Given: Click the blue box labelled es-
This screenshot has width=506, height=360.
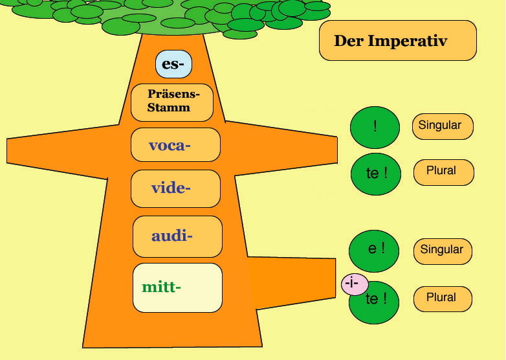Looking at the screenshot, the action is (173, 64).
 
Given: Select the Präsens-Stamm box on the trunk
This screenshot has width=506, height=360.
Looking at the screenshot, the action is (172, 102).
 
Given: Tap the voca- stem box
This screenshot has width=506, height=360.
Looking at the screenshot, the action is (175, 144).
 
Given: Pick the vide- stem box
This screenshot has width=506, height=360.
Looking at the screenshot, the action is (175, 188).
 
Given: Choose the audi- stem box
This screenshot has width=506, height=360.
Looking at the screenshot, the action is (177, 236).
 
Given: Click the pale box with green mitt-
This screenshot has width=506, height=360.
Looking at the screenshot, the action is (177, 287).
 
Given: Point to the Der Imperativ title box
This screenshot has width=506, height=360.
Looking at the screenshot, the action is (398, 40).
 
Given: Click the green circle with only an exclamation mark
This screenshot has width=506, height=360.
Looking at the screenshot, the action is (375, 127).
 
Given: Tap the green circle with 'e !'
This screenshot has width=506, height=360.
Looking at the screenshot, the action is (374, 251).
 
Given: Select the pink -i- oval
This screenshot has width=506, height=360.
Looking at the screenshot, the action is (355, 284).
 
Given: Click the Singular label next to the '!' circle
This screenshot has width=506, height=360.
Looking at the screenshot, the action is (443, 126).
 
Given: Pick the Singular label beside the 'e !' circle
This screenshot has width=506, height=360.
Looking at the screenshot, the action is (443, 251).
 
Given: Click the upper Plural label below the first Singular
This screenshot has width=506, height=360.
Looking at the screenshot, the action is (444, 172).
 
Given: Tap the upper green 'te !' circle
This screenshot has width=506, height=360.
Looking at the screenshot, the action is (376, 174).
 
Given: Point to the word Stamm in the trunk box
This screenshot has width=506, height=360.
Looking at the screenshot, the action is (169, 107).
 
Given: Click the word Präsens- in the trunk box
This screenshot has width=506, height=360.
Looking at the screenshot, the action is (174, 94).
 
